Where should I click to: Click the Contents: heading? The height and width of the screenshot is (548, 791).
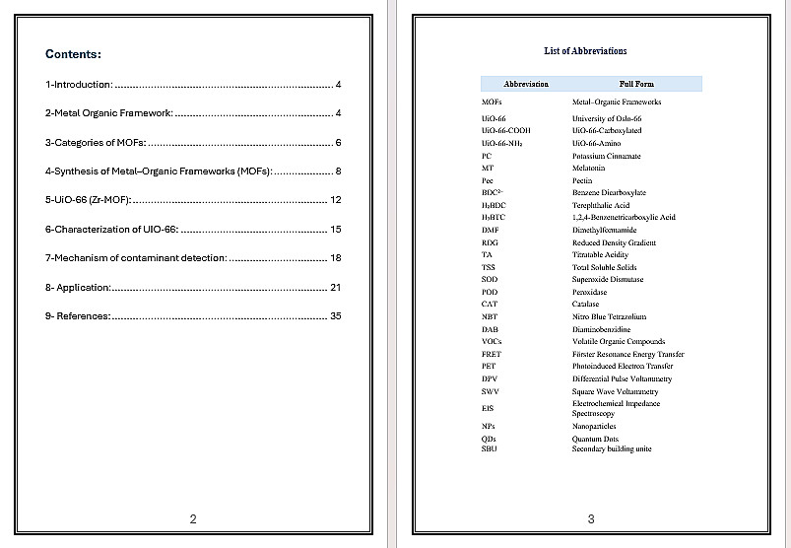tap(73, 54)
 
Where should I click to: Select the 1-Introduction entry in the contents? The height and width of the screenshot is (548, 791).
tap(79, 85)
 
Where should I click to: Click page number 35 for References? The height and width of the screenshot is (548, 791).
tap(335, 316)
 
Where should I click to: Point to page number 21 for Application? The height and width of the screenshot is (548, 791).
tap(335, 288)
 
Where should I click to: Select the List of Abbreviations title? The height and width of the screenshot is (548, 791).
tap(585, 51)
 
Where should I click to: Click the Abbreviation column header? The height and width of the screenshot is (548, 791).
tap(525, 84)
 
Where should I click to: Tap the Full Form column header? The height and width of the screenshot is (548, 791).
tap(635, 84)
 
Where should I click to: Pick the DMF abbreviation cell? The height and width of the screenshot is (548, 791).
tap(490, 230)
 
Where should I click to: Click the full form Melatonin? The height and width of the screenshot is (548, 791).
tap(591, 169)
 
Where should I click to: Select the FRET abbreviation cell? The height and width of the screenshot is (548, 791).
tap(492, 354)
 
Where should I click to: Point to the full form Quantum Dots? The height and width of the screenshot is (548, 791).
tap(595, 439)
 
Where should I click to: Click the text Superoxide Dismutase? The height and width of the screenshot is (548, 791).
tap(608, 279)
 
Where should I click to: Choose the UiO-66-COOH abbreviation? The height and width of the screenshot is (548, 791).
tap(506, 130)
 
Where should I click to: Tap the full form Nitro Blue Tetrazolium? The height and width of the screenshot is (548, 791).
tap(609, 316)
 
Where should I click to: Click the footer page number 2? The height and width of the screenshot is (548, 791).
tap(193, 518)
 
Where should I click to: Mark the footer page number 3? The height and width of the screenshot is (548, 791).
tap(591, 518)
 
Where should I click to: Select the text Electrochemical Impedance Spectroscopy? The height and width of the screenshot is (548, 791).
tap(616, 408)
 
